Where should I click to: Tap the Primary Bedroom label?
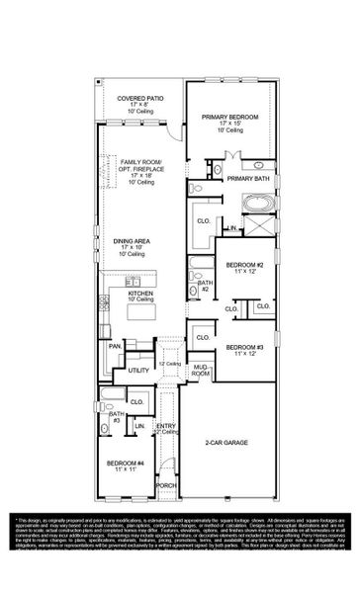point(230,117)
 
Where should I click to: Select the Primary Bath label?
point(248,179)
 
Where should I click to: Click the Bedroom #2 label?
point(244,266)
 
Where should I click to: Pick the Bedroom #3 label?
point(244,347)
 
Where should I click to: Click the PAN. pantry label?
point(115,346)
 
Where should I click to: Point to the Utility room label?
point(136,370)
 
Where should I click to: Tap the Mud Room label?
point(200,371)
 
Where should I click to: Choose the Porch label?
point(166,485)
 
